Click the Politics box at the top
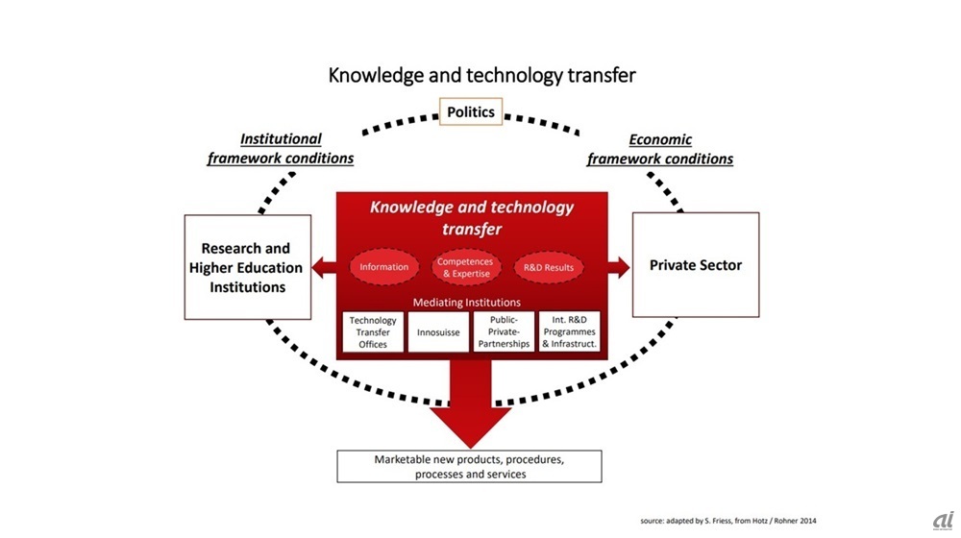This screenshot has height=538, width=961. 471,112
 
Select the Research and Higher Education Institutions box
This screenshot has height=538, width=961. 247,267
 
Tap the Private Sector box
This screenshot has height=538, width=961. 696,265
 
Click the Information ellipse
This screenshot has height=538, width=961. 384,267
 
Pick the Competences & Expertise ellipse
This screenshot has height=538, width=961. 464,267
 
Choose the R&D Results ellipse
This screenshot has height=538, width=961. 549,267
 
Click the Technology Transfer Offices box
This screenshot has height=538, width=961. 373,331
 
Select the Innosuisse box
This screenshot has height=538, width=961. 438,331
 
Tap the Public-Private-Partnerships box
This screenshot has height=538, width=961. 504,331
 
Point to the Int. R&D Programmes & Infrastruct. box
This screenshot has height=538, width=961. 569,331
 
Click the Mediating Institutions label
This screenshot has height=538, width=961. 467,303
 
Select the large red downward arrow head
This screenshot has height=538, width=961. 471,423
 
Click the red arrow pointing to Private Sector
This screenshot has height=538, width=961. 619,267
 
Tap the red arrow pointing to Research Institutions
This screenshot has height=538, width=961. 324,267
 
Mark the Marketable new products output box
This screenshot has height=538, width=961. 469,467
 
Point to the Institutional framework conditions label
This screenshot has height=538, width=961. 281,149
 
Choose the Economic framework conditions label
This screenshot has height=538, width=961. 660,149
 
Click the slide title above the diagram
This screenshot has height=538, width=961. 482,75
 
